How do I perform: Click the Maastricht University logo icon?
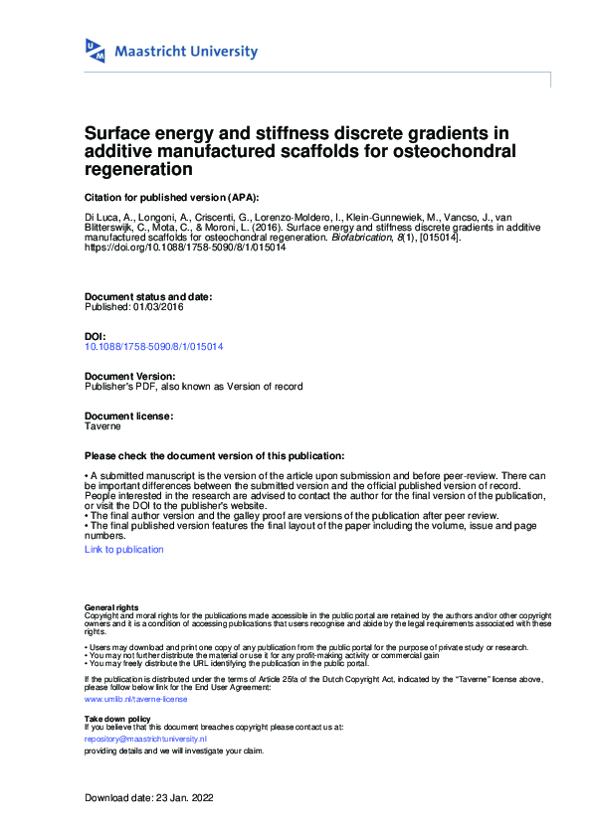(96, 52)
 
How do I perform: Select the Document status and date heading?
(148, 297)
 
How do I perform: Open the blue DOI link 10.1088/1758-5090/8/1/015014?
(153, 346)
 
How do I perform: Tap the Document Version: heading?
(130, 376)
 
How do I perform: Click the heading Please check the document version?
(215, 454)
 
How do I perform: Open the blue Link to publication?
(124, 549)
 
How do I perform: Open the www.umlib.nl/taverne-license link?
(135, 699)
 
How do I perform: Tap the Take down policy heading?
(117, 718)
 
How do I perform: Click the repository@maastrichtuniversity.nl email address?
(145, 740)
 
